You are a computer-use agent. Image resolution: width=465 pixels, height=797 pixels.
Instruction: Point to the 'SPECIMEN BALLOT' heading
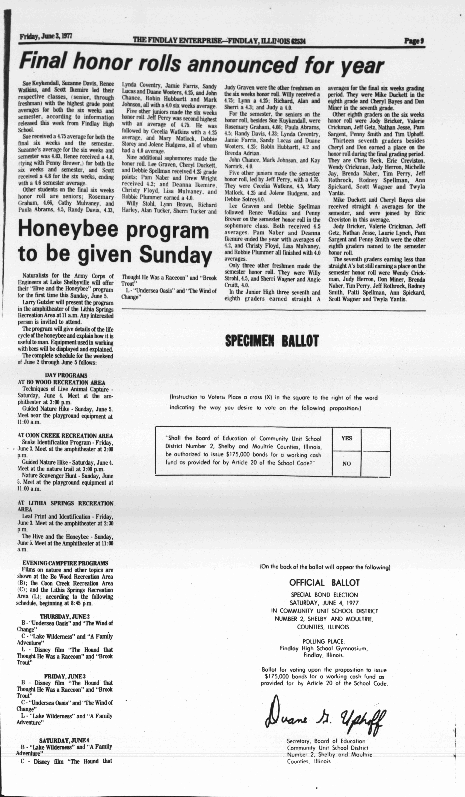pos(272,341)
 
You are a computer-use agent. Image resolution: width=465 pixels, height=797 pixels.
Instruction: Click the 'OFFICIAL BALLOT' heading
pos(324,583)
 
